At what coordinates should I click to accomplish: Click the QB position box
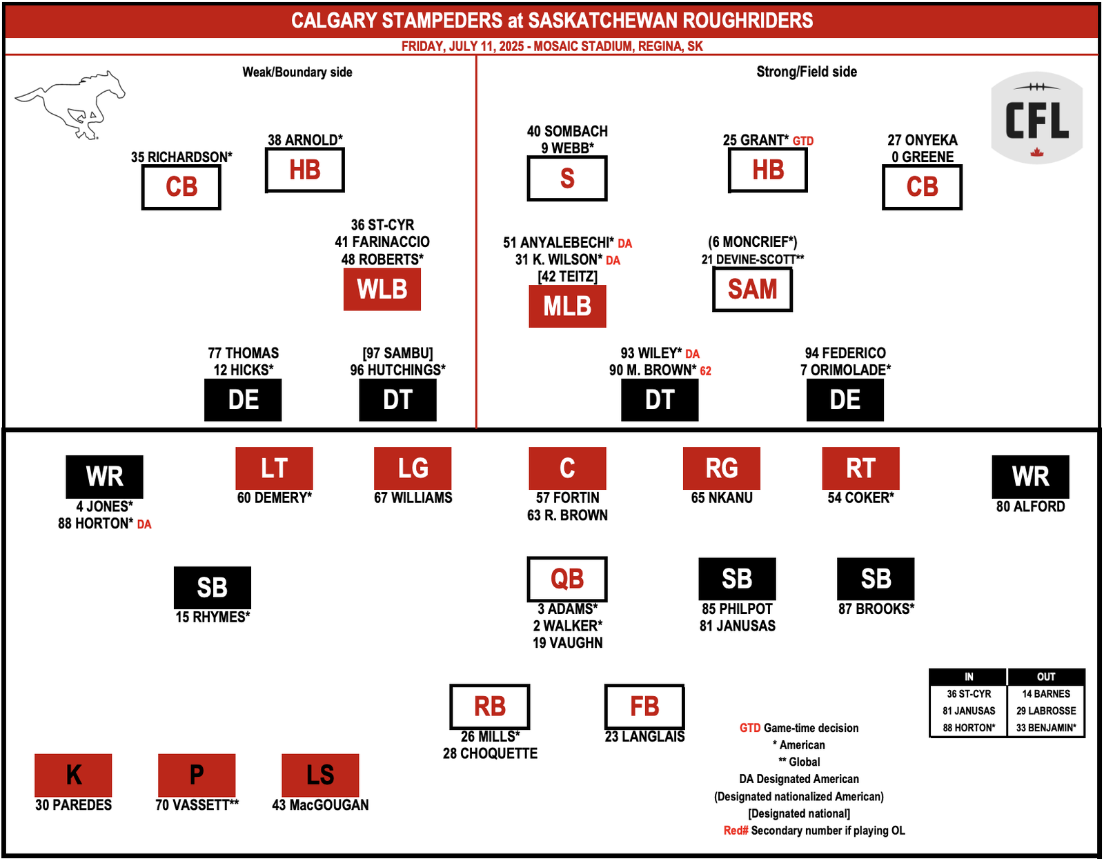point(567,579)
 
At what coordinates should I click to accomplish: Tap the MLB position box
point(567,306)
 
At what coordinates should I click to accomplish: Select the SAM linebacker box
point(752,289)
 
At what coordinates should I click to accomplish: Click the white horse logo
point(70,105)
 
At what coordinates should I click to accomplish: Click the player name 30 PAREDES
point(73,804)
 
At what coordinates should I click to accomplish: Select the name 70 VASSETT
point(197,804)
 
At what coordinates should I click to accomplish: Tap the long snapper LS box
point(320,775)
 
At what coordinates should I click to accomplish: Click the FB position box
point(644,706)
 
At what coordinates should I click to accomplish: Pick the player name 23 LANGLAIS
point(644,736)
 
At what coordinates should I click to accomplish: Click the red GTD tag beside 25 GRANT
point(802,141)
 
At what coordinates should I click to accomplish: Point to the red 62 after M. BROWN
point(705,370)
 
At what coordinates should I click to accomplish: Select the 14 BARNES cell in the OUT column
point(1045,693)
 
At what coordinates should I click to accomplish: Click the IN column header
point(968,677)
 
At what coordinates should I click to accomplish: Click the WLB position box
point(382,289)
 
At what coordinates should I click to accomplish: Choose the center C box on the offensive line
point(567,468)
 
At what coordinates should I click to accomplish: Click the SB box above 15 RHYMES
point(213,587)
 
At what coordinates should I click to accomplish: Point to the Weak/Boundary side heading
point(297,72)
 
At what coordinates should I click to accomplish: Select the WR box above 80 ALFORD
point(1030,477)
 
